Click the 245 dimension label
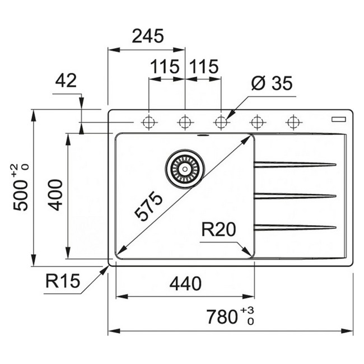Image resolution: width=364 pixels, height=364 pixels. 148,36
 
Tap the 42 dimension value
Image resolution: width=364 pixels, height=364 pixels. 66,81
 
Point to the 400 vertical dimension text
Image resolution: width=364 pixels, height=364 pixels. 55,194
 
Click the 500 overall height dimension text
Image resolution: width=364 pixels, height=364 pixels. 21,188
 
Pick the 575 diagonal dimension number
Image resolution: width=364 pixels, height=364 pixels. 148,206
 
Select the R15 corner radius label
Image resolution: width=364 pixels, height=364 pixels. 63,281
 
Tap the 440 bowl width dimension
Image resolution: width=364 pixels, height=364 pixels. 185,284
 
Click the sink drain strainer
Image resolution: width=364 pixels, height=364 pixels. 184,167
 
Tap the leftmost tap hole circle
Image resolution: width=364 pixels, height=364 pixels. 149,122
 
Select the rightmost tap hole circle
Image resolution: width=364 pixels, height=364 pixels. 293,122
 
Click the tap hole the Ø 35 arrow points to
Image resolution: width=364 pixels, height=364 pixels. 221,122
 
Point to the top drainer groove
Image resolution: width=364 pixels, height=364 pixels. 295,164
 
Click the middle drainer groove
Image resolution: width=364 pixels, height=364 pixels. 295,195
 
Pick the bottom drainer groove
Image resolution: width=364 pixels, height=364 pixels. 295,227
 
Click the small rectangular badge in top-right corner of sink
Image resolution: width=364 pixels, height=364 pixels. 339,118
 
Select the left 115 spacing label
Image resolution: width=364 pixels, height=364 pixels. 164,67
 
